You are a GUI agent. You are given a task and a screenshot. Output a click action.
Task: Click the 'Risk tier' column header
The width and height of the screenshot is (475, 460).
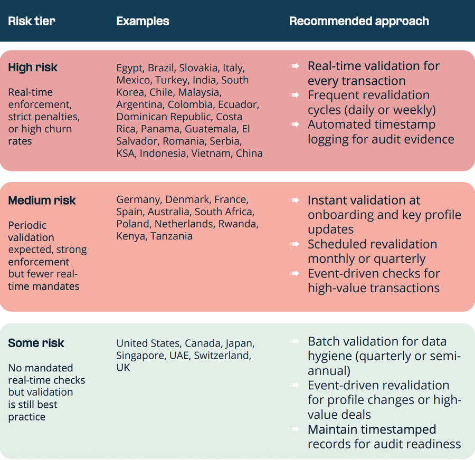pos(32,22)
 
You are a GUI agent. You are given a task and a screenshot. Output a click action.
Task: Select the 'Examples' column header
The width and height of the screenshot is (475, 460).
pos(142,22)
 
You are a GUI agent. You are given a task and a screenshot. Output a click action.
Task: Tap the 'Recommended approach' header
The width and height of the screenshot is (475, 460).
pos(359,22)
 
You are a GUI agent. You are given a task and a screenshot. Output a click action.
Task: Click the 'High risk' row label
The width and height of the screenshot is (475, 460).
pos(33,68)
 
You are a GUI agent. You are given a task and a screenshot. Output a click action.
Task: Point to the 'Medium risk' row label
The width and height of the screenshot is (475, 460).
pos(42,200)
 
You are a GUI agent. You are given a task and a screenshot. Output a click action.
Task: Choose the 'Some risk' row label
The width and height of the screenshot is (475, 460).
pos(36,343)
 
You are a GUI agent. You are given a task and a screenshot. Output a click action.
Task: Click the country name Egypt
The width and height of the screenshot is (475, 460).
pos(129,68)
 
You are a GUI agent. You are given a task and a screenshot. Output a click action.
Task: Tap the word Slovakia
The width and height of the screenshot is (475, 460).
pos(198,68)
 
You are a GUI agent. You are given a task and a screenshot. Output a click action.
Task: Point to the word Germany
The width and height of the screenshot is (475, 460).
pos(138,199)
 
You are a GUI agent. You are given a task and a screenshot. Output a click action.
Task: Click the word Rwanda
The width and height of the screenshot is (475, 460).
pos(241,224)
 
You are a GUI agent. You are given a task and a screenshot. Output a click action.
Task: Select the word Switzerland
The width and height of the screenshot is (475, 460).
pos(222,356)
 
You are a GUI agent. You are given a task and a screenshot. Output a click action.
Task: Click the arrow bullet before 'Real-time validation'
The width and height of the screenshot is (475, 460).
pos(294,66)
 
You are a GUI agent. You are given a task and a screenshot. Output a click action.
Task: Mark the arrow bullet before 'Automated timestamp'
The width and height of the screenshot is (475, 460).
pos(294,124)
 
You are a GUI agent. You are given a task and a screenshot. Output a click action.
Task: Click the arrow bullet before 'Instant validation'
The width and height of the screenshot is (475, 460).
pos(294,200)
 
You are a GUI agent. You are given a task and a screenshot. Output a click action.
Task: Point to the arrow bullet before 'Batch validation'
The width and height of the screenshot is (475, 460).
pos(294,341)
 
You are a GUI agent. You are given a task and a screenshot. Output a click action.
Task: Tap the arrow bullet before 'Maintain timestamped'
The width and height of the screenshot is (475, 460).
pos(294,429)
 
